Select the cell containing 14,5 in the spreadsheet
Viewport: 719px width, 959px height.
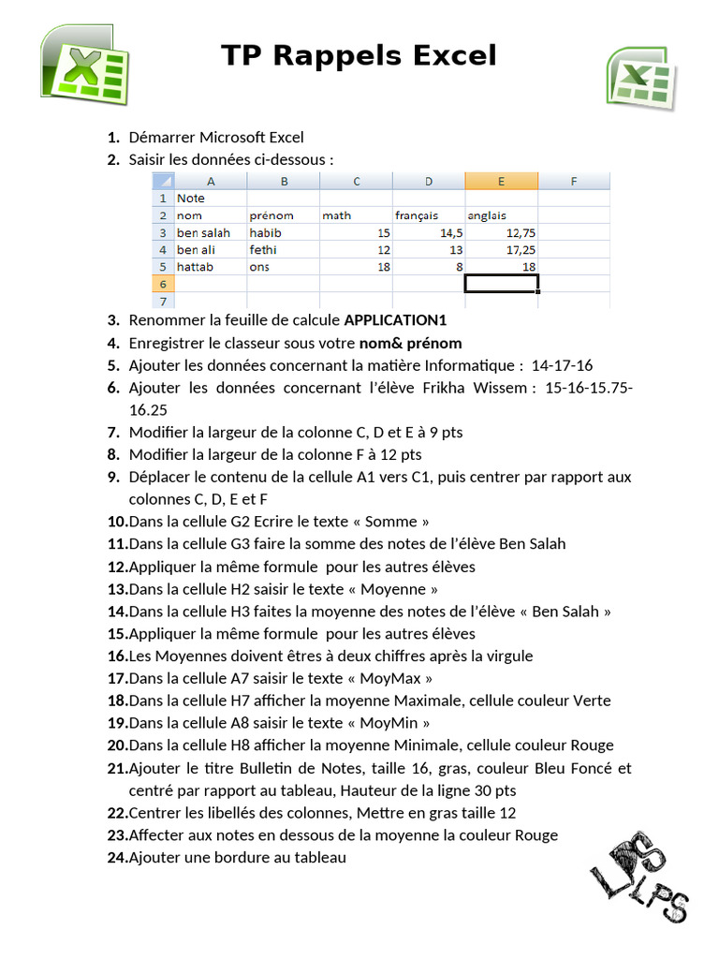(428, 232)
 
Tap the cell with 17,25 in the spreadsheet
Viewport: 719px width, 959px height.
(501, 250)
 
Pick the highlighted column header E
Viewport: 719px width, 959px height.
(501, 181)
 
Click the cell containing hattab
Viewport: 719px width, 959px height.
(210, 267)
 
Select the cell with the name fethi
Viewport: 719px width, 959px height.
(283, 250)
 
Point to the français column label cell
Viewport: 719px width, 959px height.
(428, 215)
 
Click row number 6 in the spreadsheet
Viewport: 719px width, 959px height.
(163, 284)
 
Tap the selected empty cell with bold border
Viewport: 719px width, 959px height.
(501, 284)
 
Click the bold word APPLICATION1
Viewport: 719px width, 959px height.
(407, 320)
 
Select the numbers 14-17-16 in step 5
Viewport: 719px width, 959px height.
(563, 365)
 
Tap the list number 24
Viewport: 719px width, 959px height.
(117, 857)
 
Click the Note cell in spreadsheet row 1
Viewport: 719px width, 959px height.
(210, 199)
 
